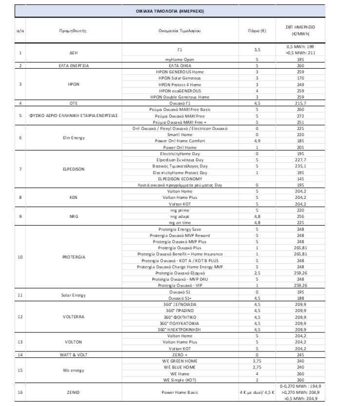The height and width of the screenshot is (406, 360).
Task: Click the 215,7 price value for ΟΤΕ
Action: click(300, 103)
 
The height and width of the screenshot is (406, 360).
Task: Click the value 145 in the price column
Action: click(300, 179)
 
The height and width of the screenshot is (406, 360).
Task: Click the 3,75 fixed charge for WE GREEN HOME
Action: click(256, 361)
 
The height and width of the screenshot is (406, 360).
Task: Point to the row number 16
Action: click(20, 391)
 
